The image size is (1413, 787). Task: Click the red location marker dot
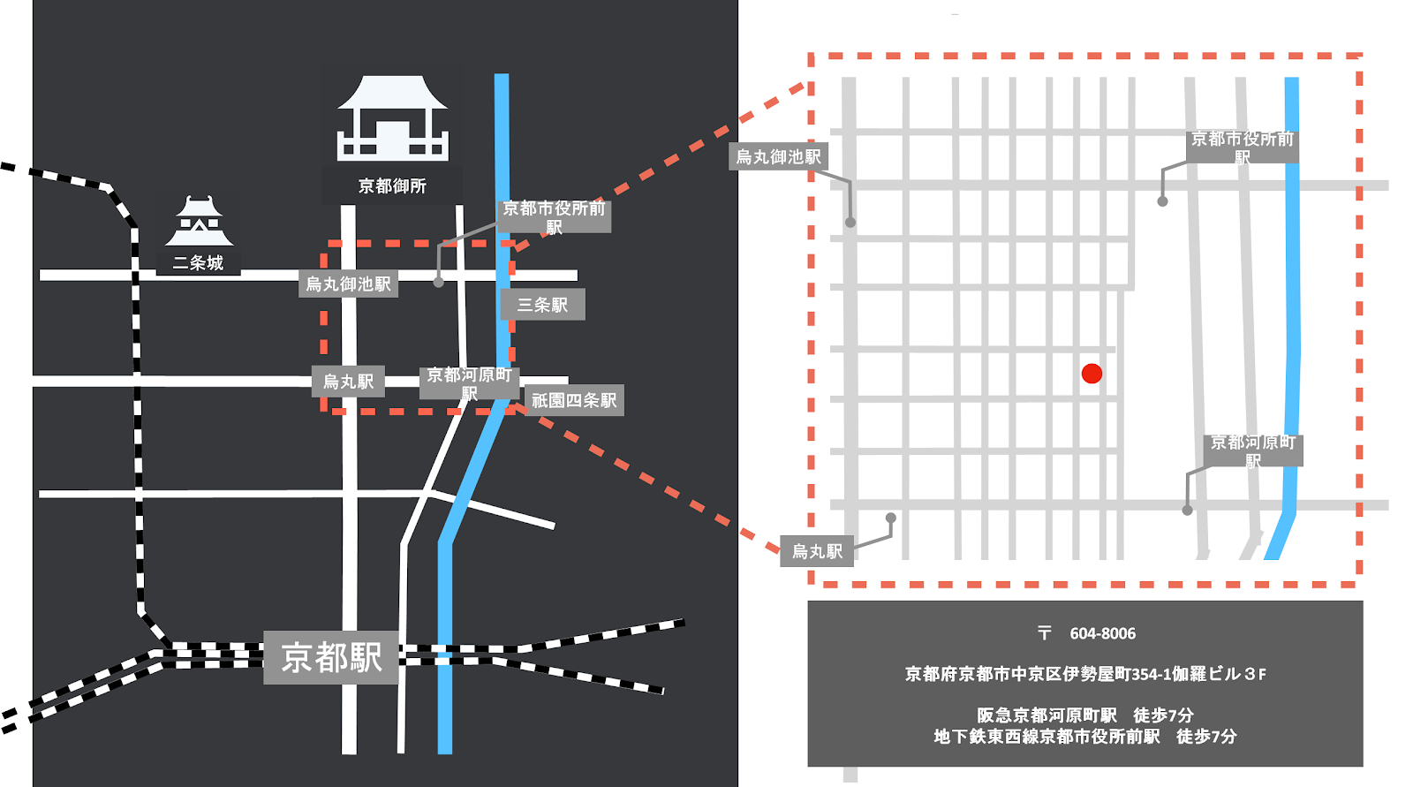(1092, 374)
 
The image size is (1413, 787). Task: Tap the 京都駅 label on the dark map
(331, 658)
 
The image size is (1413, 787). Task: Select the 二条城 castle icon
(199, 222)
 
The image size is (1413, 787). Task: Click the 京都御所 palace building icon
(392, 118)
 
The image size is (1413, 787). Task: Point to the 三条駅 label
(542, 305)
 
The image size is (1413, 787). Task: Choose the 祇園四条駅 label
(574, 400)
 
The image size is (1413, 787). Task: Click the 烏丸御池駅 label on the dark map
(348, 284)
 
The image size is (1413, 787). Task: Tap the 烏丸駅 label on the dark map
(348, 382)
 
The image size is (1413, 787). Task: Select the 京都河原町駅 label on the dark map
(469, 383)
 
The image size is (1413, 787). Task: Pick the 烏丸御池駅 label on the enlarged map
(778, 157)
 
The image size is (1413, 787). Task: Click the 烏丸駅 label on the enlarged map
(817, 551)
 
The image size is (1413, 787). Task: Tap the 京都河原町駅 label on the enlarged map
(1252, 450)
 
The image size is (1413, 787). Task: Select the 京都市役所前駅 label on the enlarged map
(1242, 147)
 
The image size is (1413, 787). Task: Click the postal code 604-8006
(1102, 633)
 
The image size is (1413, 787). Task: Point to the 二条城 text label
(198, 263)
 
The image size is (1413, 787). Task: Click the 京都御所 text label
(392, 186)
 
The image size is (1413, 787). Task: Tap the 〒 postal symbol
(1045, 633)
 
